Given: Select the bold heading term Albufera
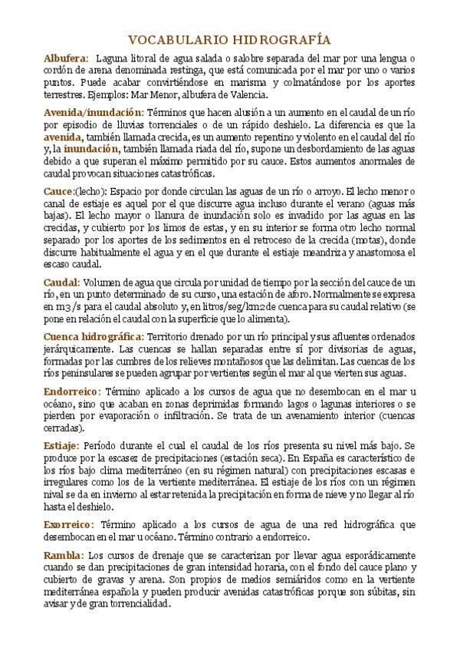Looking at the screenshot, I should click(65, 58).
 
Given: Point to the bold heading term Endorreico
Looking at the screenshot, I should click(71, 390).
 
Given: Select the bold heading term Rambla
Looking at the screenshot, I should click(64, 554).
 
